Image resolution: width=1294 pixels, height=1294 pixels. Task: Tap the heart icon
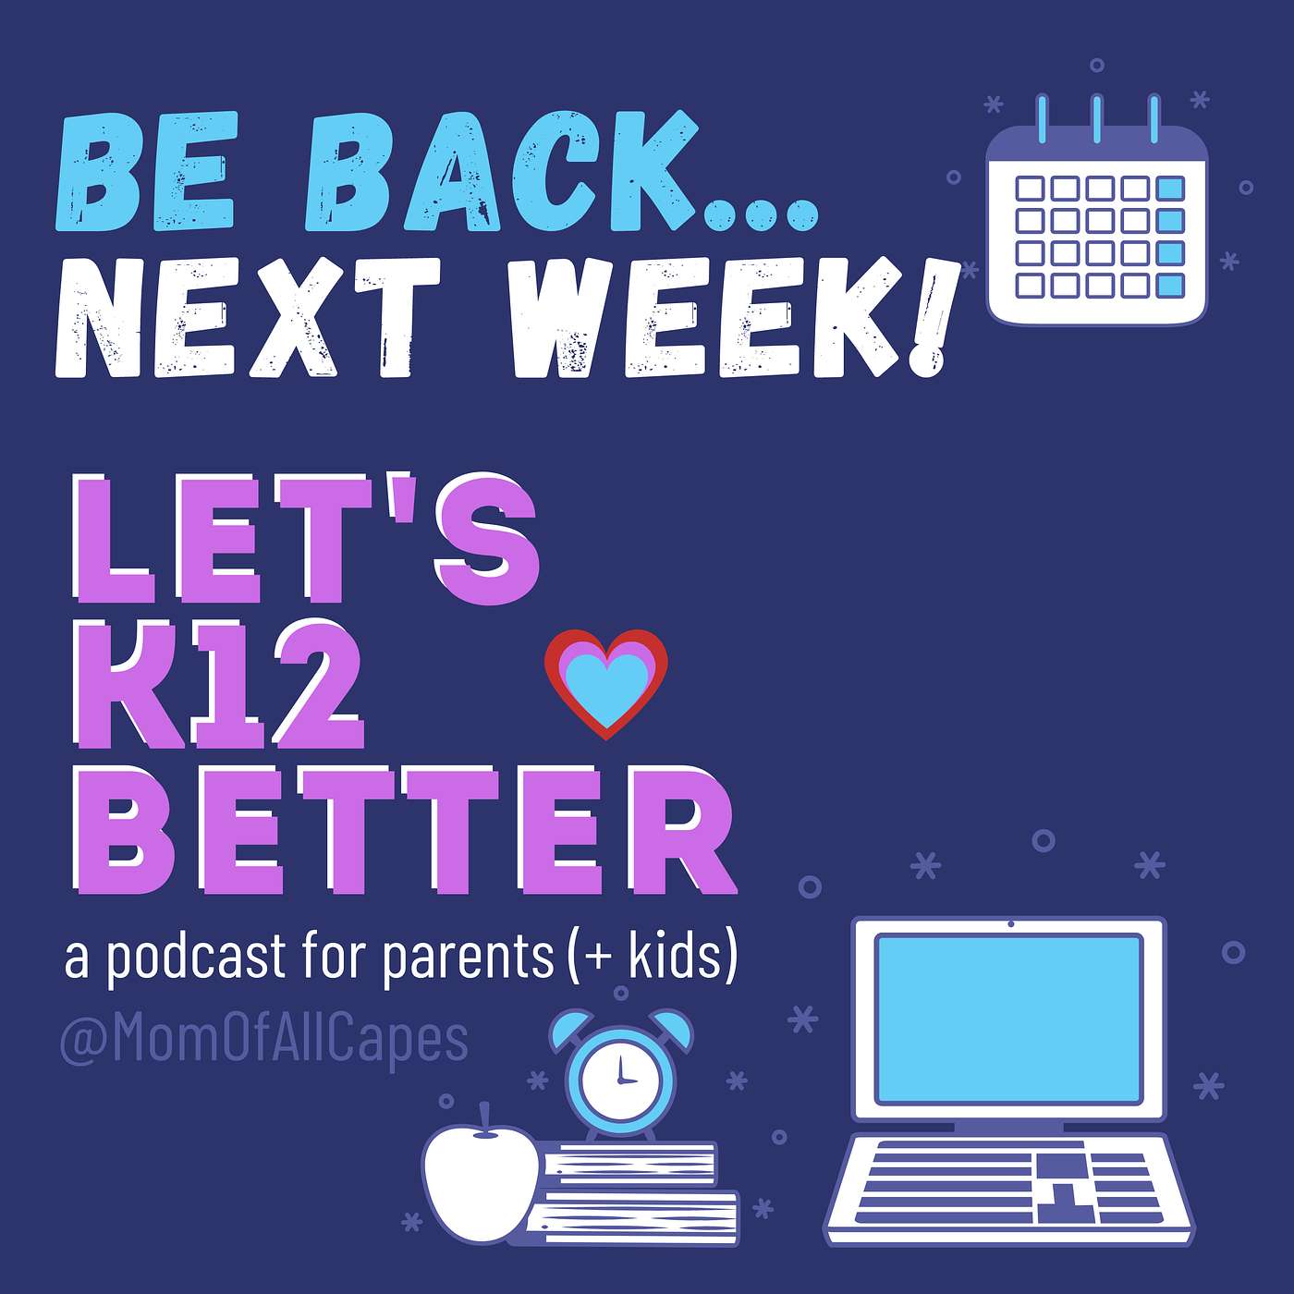(x=605, y=684)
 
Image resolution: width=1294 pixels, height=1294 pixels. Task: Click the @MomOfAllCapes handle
(x=264, y=1040)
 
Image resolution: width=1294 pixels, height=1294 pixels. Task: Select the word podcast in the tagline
(x=196, y=958)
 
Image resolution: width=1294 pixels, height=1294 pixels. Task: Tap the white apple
(x=481, y=1178)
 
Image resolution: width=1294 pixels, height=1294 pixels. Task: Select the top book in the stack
(x=629, y=1166)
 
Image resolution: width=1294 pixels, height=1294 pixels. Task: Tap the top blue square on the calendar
(x=1170, y=188)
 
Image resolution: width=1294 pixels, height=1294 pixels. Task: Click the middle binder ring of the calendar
(x=1096, y=119)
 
